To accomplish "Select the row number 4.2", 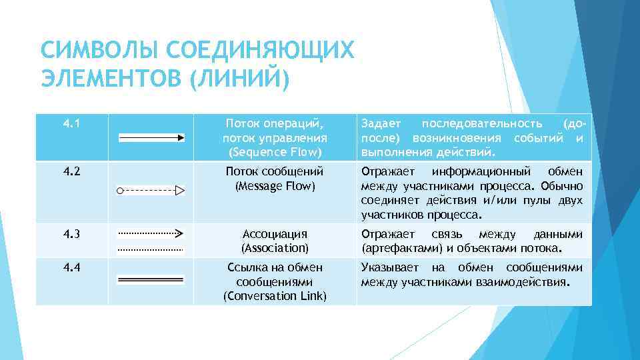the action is pos(71,171).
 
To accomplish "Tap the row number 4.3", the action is pos(71,234).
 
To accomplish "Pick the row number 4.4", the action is pos(71,267).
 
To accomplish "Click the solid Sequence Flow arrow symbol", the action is pos(151,137).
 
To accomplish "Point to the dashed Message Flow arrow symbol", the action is pos(150,190).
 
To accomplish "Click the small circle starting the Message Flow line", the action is pos(119,190).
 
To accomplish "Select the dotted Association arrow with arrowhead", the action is pos(150,233).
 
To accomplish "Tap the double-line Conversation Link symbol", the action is pos(150,281).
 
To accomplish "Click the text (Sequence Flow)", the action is pos(275,153).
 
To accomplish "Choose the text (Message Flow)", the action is pos(275,185).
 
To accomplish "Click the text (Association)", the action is pos(275,249).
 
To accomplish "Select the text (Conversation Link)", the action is pos(275,295).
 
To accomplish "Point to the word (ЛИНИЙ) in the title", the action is pos(239,79).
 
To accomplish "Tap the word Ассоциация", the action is pos(275,234).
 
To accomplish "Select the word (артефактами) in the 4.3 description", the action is pos(399,249).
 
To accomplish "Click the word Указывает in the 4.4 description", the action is pos(390,267).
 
